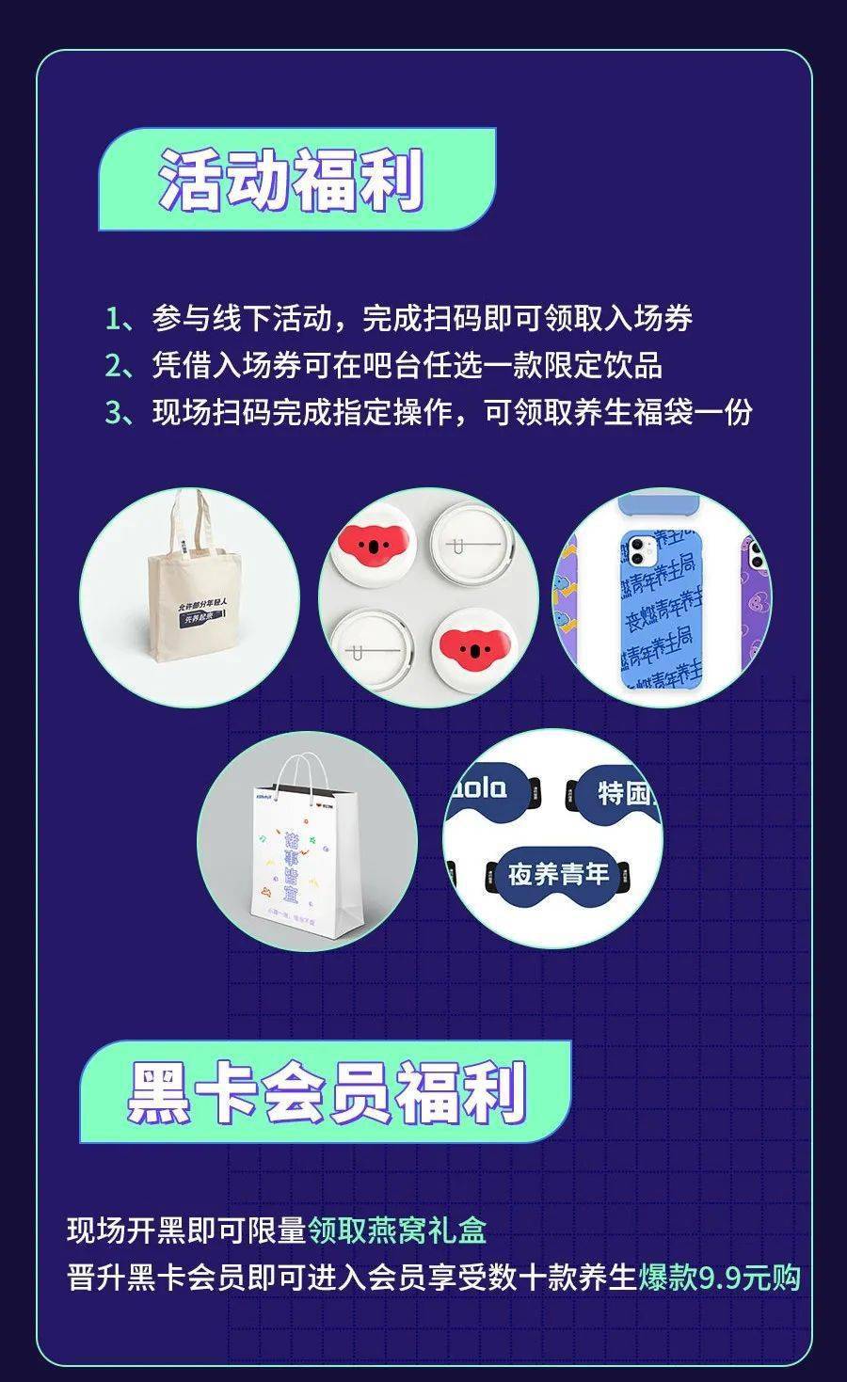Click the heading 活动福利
[x=292, y=180]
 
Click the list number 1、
[x=120, y=318]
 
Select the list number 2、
[x=120, y=365]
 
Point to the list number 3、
[x=120, y=412]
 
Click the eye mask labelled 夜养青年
[x=559, y=875]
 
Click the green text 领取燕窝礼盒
[x=397, y=1230]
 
